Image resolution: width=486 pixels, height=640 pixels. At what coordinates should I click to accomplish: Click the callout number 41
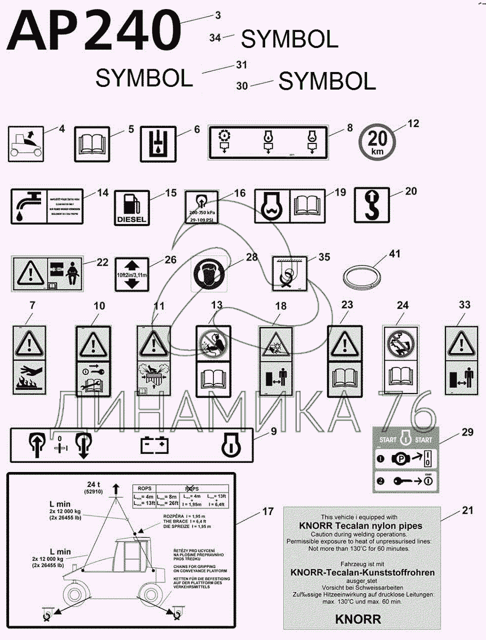tap(394, 255)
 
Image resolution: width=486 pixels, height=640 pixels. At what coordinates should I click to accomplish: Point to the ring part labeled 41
tap(360, 278)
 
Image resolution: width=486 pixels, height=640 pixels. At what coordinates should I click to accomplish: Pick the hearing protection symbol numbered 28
tap(209, 276)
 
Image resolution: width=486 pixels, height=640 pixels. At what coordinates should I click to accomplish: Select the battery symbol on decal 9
tap(153, 445)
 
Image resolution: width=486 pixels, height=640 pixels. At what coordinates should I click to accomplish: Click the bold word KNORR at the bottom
tap(357, 619)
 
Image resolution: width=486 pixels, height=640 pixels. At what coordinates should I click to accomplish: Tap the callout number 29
tap(467, 432)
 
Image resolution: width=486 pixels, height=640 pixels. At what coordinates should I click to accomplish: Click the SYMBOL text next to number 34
tap(290, 39)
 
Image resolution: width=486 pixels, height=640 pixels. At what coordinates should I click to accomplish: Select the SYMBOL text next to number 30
tap(327, 82)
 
